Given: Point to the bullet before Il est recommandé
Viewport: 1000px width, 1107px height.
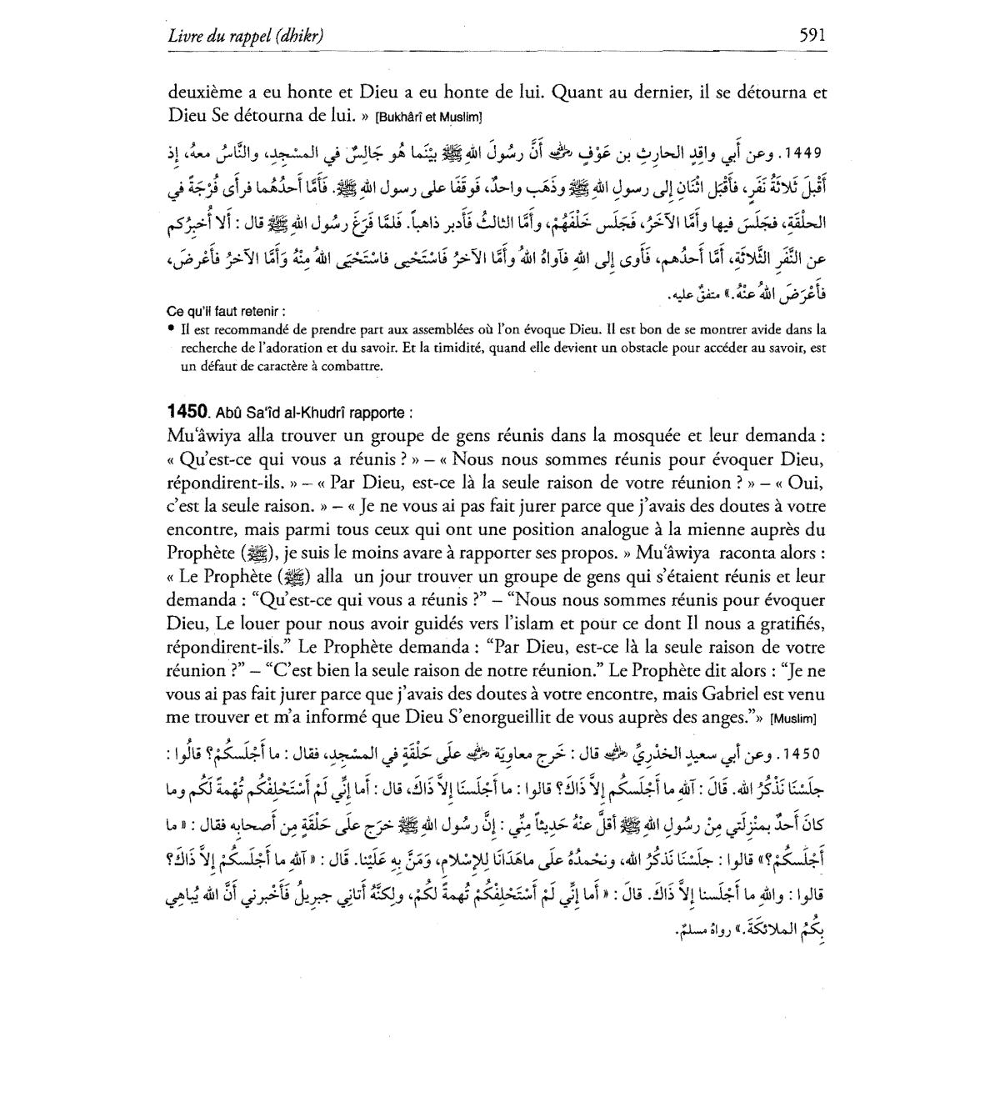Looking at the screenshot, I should pyautogui.click(x=171, y=328).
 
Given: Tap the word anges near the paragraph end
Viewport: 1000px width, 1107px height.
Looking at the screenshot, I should pyautogui.click(x=727, y=716).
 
